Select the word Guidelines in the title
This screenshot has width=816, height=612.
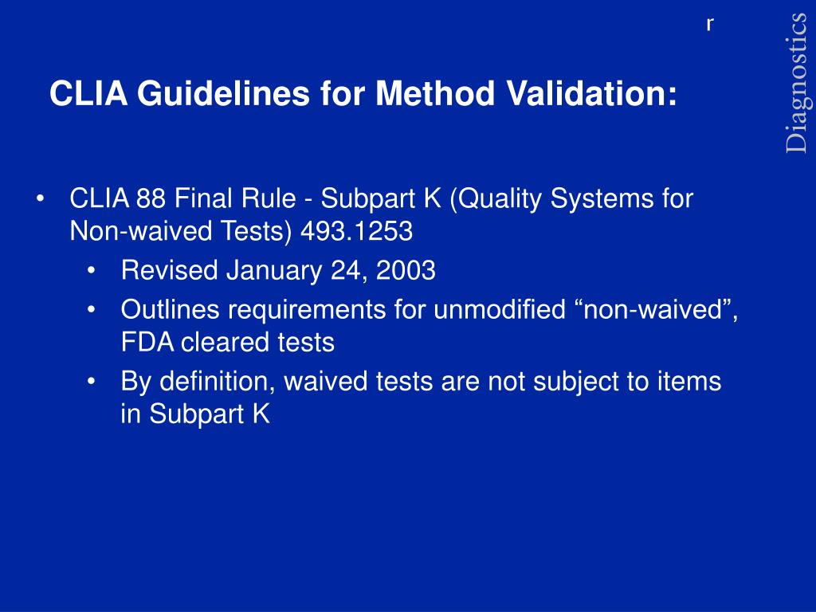(x=222, y=95)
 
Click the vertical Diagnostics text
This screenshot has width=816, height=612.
(x=797, y=83)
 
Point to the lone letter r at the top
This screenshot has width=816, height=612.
(x=709, y=25)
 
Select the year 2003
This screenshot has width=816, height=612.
(x=406, y=271)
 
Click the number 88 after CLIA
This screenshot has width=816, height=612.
(x=150, y=198)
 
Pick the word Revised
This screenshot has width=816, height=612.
(x=169, y=271)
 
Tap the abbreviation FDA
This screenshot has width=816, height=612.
(x=147, y=343)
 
